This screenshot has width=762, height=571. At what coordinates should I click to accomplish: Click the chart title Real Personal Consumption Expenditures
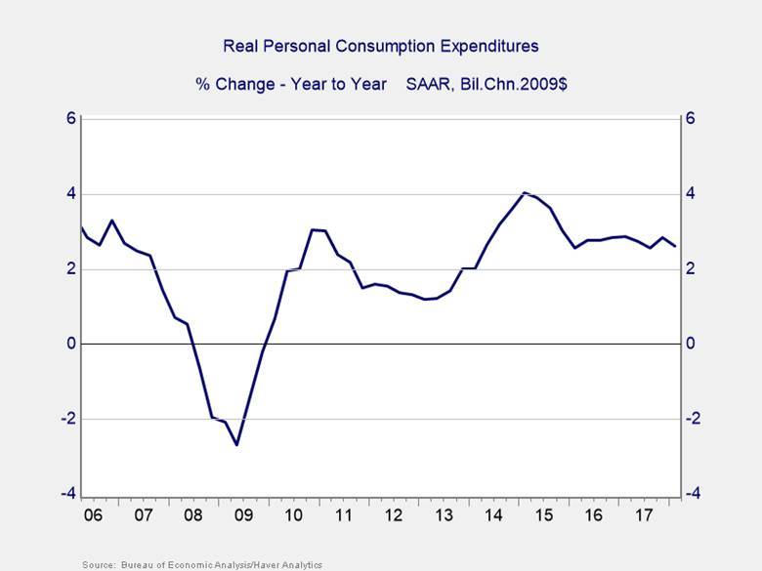tap(381, 46)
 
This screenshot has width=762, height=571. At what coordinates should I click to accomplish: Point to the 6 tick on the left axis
tap(70, 118)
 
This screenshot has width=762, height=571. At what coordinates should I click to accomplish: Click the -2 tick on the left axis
tap(67, 419)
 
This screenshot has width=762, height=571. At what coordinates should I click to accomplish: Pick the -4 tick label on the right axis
tap(692, 494)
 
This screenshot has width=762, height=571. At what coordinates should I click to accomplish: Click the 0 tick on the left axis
tap(70, 344)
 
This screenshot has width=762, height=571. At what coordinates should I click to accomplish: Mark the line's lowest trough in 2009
tap(236, 445)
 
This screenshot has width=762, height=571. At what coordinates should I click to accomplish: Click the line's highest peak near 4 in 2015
tap(525, 192)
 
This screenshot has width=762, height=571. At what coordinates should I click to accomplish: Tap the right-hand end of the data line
tap(674, 246)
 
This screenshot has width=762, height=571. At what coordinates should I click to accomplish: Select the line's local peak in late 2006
tap(112, 221)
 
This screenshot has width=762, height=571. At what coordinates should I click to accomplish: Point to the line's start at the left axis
tap(82, 226)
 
